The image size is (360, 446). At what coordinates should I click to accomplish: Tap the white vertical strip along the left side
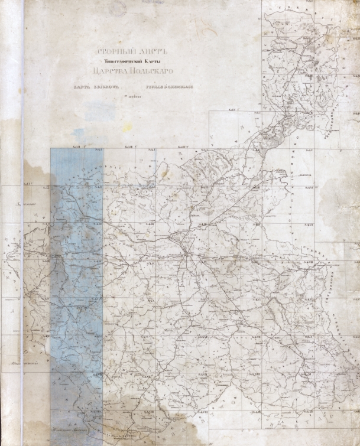click(22, 236)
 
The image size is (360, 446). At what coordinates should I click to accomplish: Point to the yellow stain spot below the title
click(127, 126)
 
